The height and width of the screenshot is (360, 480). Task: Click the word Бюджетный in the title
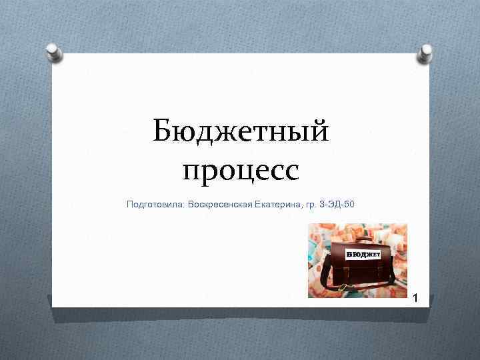point(241,130)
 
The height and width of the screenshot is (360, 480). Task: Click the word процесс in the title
point(241,171)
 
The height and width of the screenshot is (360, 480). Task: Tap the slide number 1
point(414,298)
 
